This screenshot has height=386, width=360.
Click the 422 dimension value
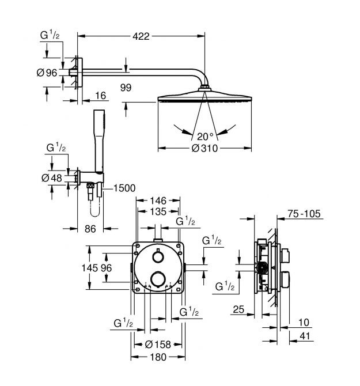[x=141, y=36]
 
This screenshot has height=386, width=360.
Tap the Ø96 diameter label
[x=47, y=73]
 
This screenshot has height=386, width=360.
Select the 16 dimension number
[x=100, y=96]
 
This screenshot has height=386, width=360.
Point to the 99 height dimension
[x=126, y=88]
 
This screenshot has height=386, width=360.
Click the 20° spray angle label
[x=205, y=137]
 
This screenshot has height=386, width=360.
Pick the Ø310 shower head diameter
[x=204, y=148]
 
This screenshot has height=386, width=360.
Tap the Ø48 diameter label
[x=52, y=178]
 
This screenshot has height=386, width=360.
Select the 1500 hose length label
[x=124, y=188]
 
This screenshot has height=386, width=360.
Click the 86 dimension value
[x=90, y=229]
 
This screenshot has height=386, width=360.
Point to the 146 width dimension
[x=158, y=201]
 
